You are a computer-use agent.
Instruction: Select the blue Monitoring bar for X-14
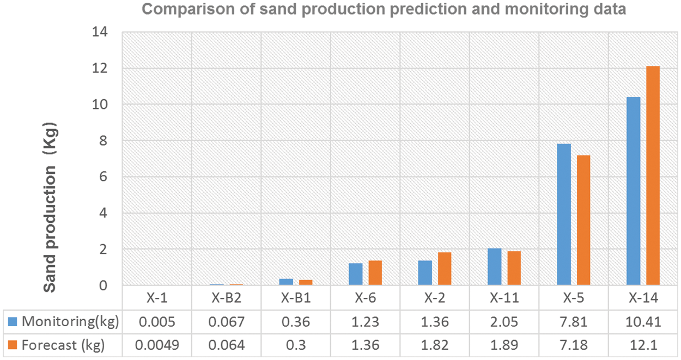click(x=633, y=191)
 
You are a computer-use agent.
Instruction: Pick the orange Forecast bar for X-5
click(x=583, y=220)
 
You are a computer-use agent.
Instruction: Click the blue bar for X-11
click(x=494, y=267)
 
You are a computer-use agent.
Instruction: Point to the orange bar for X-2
click(x=445, y=269)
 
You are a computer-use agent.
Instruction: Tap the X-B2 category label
click(x=226, y=299)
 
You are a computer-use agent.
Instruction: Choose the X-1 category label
click(x=156, y=299)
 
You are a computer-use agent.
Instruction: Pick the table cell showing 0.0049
click(x=156, y=346)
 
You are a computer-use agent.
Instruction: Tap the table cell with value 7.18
click(x=573, y=346)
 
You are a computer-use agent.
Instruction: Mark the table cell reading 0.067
click(x=226, y=322)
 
